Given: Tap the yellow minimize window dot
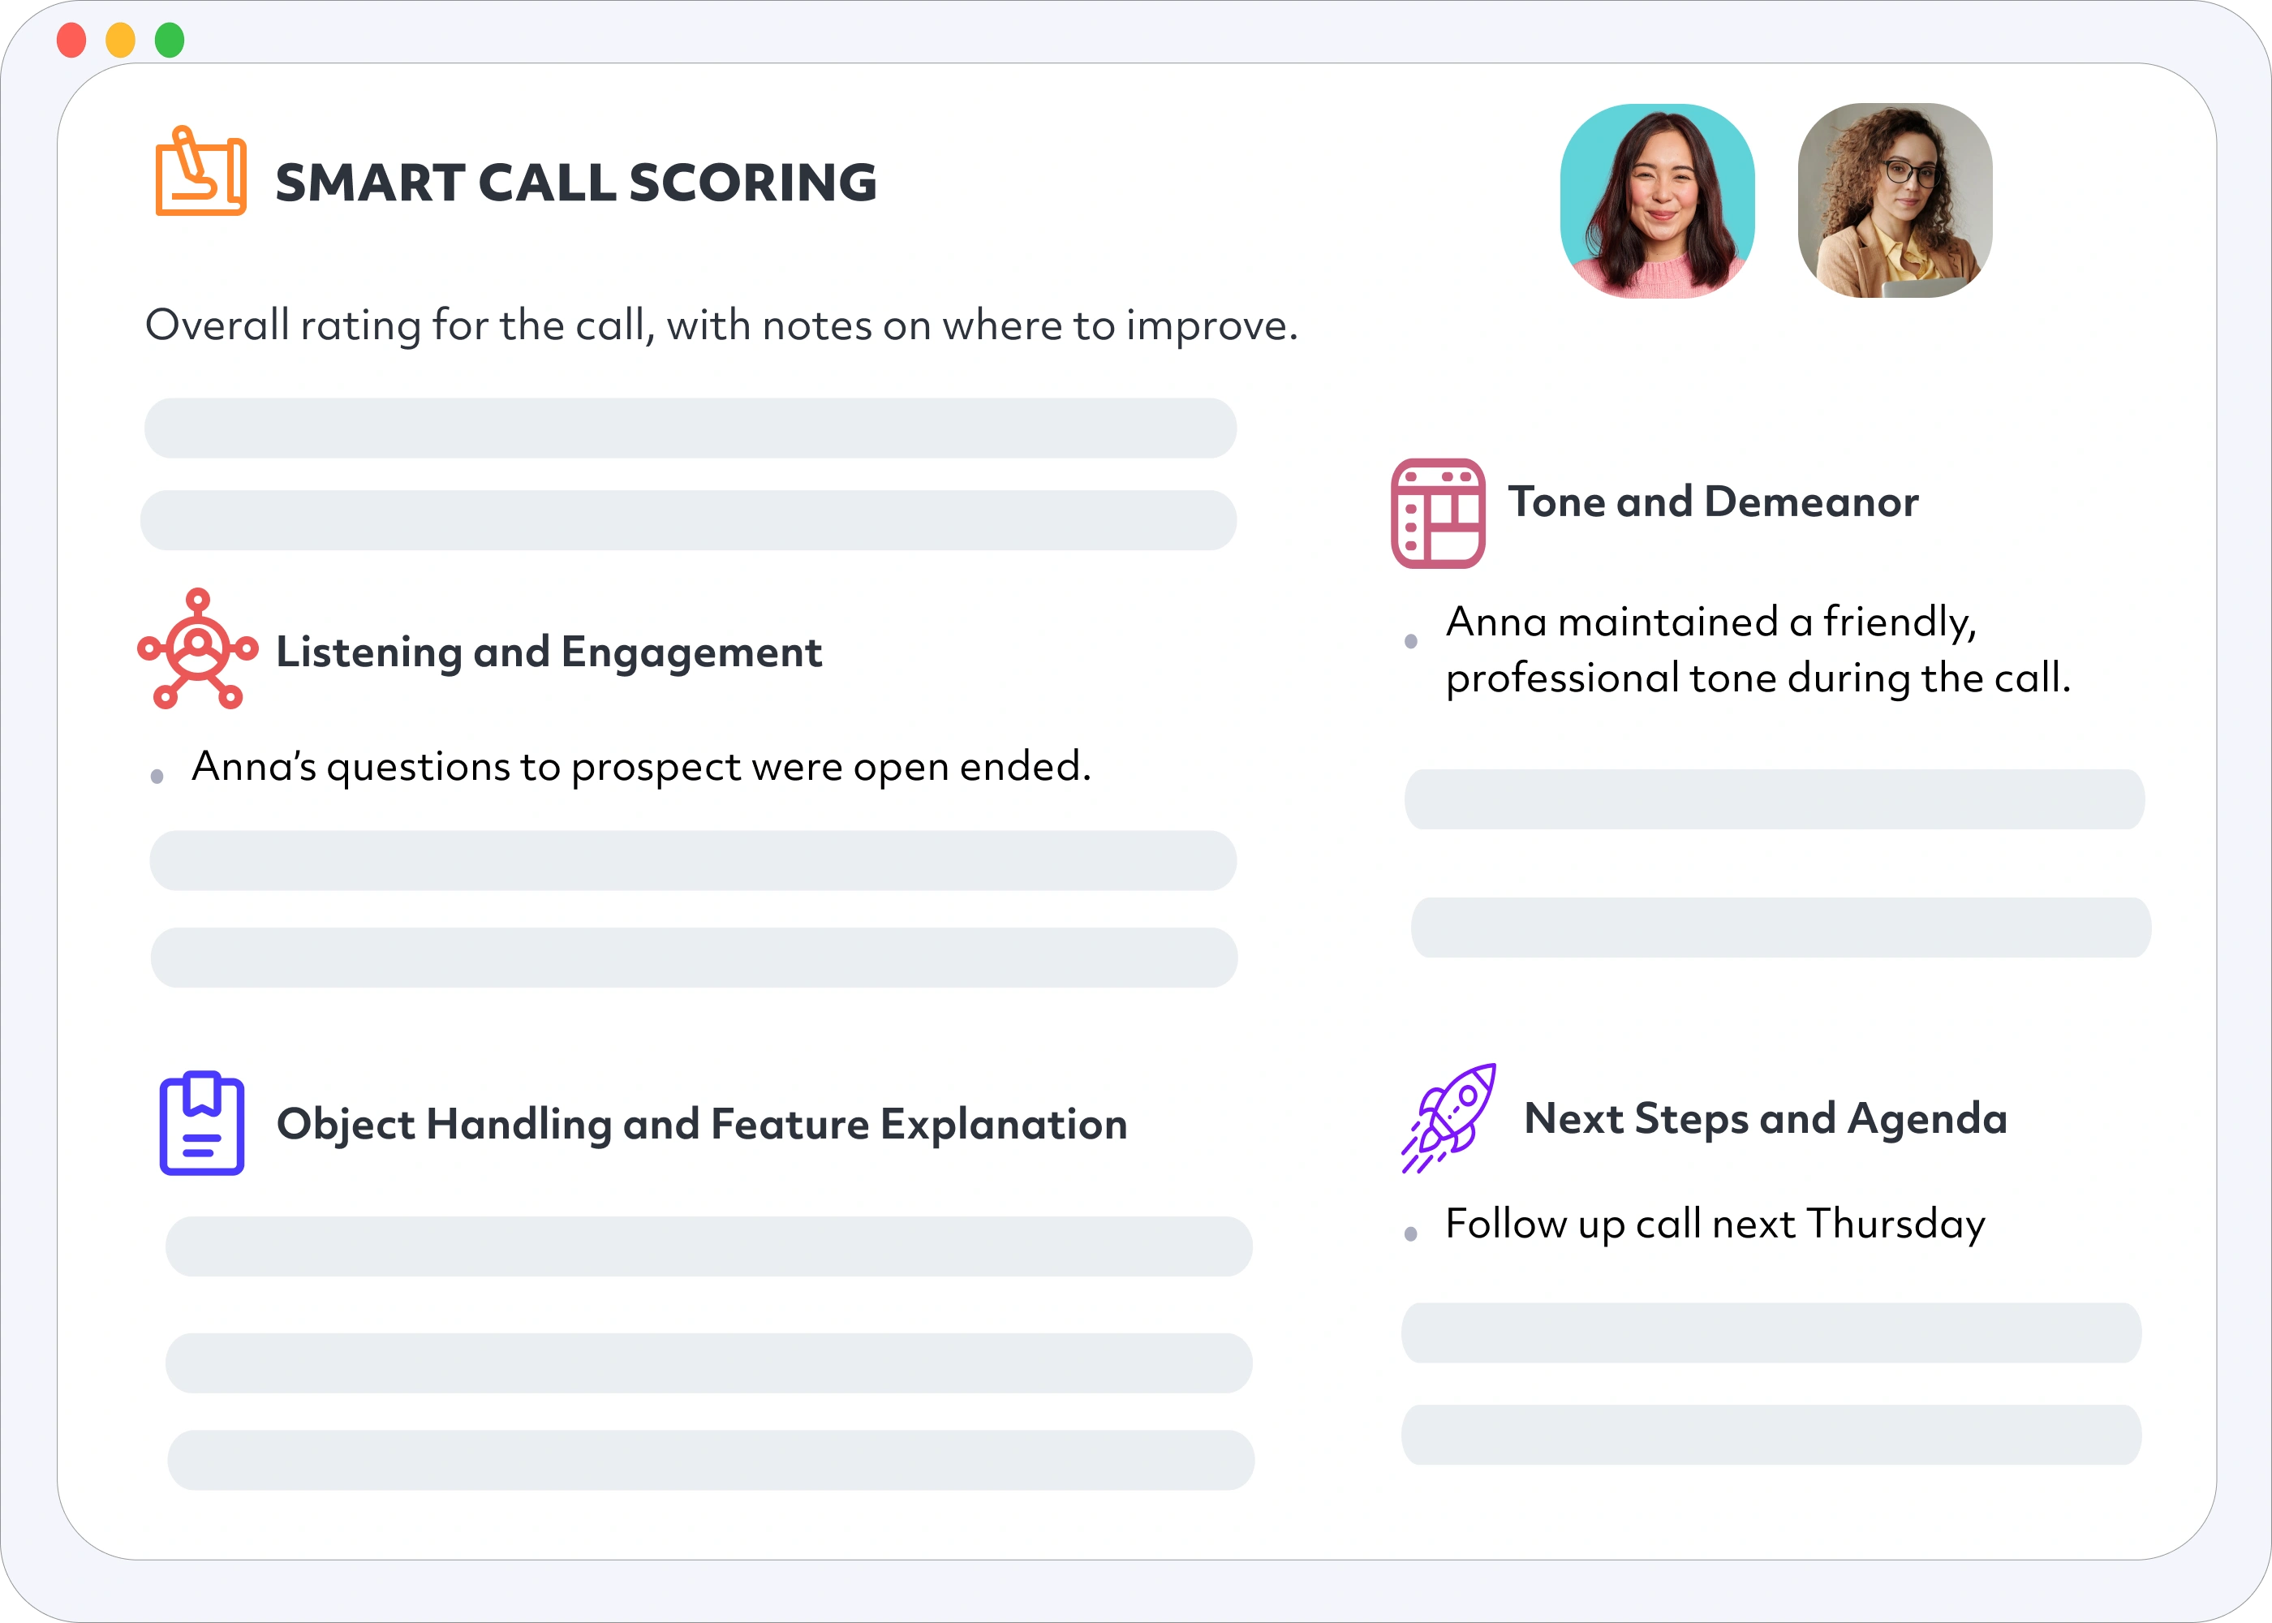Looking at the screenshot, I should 121,41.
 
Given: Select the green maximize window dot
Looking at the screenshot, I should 170,41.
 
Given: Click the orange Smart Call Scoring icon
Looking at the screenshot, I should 200,171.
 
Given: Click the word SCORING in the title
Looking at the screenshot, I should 752,183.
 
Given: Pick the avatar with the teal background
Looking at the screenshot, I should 1657,201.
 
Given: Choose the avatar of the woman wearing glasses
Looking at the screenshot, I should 1895,201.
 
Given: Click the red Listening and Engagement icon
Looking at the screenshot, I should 198,648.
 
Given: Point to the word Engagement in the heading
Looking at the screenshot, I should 691,652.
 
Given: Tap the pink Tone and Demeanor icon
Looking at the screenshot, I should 1438,514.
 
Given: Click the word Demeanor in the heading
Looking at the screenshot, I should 1810,502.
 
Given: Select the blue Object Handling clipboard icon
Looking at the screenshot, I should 202,1123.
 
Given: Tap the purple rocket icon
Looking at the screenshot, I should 1448,1118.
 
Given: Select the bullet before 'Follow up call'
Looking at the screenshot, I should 1411,1234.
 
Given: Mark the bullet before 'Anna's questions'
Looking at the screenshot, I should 157,777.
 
